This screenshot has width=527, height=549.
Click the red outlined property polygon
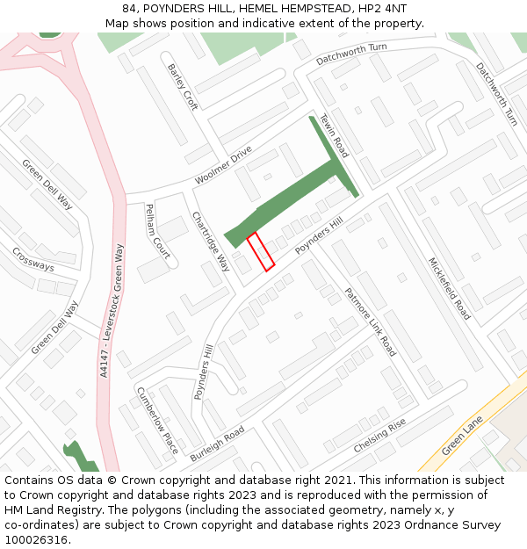pyautogui.click(x=261, y=251)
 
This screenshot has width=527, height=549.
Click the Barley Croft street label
pyautogui.click(x=184, y=87)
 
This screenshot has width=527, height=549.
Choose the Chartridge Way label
pyautogui.click(x=211, y=242)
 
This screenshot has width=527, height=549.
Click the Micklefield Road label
pyautogui.click(x=449, y=288)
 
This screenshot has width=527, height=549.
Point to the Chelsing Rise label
pyautogui.click(x=379, y=436)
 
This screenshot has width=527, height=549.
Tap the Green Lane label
pyautogui.click(x=463, y=435)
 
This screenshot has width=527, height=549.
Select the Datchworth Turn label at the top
pyautogui.click(x=351, y=54)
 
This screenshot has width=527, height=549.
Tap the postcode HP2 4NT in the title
pyautogui.click(x=383, y=8)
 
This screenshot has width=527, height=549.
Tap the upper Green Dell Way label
pyautogui.click(x=47, y=185)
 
